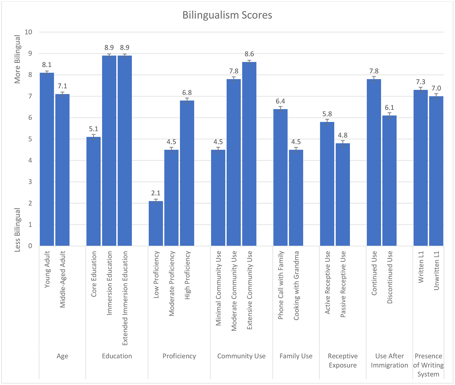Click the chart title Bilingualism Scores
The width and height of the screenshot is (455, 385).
click(x=227, y=15)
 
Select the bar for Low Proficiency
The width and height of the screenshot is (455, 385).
click(x=156, y=223)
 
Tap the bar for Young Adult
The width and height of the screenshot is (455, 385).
click(x=47, y=159)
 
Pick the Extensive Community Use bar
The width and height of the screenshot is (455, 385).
click(x=249, y=154)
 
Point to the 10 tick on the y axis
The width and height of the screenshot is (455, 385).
click(x=29, y=32)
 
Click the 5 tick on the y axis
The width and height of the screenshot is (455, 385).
click(x=30, y=139)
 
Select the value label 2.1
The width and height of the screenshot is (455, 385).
click(x=156, y=193)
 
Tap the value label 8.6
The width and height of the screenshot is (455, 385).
click(x=249, y=54)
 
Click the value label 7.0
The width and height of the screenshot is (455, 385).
click(x=436, y=88)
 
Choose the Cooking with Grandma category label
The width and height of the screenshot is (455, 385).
click(x=296, y=285)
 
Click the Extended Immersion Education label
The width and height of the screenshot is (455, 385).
click(x=125, y=298)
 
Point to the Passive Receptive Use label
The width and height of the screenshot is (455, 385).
click(x=343, y=284)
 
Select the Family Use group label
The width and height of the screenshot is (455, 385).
click(x=296, y=356)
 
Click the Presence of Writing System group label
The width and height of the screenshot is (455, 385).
click(x=428, y=365)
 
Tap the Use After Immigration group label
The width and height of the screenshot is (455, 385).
click(x=390, y=361)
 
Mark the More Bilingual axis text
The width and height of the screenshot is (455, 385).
click(x=17, y=59)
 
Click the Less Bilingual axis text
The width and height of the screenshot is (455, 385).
click(x=17, y=230)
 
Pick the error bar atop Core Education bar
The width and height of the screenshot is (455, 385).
click(x=93, y=137)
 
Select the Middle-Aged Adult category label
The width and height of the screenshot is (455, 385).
click(x=63, y=279)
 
